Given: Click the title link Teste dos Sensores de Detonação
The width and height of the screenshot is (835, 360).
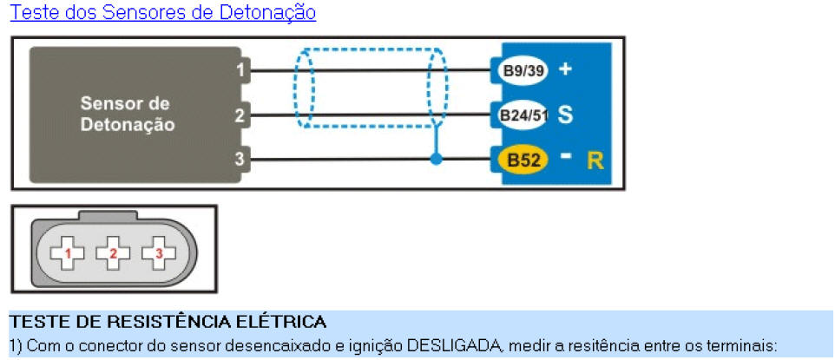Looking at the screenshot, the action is point(163,12).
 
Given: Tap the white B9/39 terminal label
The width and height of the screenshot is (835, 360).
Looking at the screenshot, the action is point(523,70).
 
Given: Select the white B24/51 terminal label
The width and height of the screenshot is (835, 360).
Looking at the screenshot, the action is point(523,115).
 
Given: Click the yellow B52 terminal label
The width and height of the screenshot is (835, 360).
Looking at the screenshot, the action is point(523,160).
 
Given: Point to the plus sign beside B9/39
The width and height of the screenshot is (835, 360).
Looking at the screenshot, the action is point(565,69).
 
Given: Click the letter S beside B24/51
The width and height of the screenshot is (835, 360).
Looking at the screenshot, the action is point(565,115).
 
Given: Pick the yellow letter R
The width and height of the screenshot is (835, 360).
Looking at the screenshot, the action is point(595,160).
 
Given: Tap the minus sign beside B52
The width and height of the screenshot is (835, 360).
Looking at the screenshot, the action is point(566,156).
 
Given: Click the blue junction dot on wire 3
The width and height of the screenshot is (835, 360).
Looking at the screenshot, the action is point(436,159).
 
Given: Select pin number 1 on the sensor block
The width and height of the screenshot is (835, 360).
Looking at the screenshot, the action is point(240,69).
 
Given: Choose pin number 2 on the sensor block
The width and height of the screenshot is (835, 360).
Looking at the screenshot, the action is point(240,115).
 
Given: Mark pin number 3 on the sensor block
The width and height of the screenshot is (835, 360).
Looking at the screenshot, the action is point(240,160).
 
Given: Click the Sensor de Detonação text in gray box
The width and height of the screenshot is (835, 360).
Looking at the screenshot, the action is point(128,114).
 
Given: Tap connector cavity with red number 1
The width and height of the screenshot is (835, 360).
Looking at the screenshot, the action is point(67,253).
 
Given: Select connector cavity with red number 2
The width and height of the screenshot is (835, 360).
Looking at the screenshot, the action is point(113,253).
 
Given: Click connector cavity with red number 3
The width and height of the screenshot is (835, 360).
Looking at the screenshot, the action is point(159,253).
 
